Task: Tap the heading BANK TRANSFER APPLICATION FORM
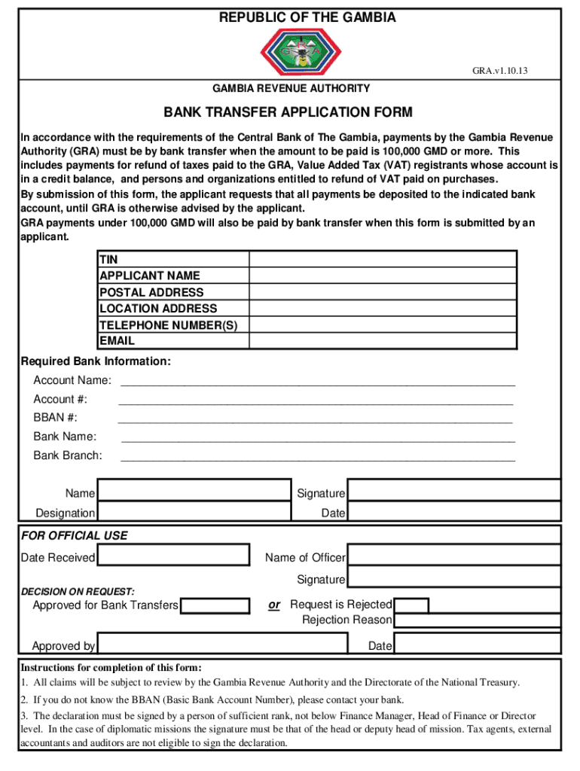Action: [288, 113]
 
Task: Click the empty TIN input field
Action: [382, 259]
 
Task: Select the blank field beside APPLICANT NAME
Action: [382, 276]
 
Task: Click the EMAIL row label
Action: [118, 340]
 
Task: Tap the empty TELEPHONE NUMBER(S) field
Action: [382, 325]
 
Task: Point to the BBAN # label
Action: [55, 418]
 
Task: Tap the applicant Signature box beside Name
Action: [453, 493]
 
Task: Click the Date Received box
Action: [174, 556]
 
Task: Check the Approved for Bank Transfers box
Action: [215, 605]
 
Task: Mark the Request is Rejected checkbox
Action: [412, 605]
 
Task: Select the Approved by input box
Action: [223, 645]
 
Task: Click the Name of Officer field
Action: [453, 556]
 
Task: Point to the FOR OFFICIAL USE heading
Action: [74, 536]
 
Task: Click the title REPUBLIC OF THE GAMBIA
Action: [307, 18]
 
